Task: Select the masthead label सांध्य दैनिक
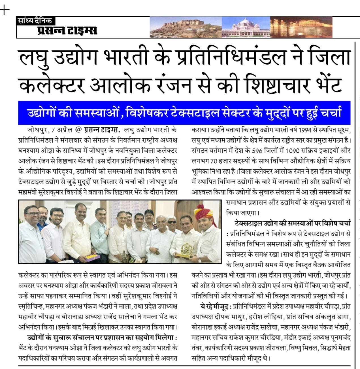pyautogui.click(x=35, y=21)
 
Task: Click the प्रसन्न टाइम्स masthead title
pyautogui.click(x=67, y=30)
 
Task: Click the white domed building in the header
pyautogui.click(x=245, y=27)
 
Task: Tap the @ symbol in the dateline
pyautogui.click(x=78, y=130)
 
